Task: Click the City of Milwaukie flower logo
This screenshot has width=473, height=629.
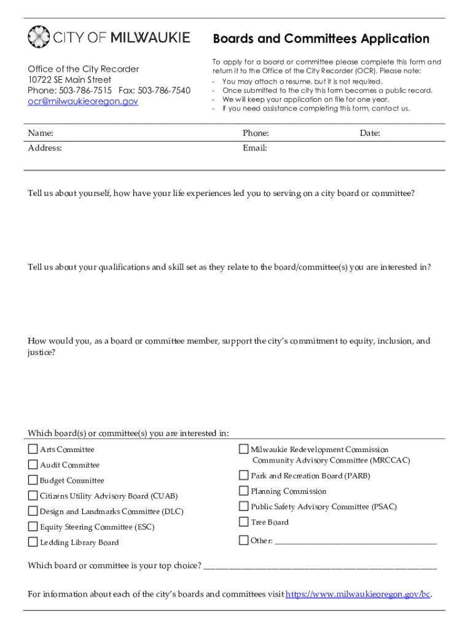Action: tap(38, 37)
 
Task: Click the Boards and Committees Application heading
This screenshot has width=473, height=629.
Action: tap(321, 39)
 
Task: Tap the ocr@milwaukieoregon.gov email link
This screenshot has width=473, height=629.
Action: tap(83, 101)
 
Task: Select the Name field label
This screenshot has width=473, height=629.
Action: tap(41, 133)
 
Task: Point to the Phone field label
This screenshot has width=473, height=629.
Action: tap(256, 133)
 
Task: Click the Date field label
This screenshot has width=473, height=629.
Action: tap(370, 133)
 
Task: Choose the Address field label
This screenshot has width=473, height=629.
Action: tap(45, 148)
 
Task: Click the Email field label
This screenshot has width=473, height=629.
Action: tap(254, 148)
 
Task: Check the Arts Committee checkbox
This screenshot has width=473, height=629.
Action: tap(33, 449)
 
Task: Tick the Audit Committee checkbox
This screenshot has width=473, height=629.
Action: tap(33, 464)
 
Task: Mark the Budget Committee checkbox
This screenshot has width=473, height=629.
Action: tap(33, 480)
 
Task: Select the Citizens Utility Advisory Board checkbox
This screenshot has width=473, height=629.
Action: tap(33, 495)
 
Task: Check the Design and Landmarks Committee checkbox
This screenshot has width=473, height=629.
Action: tap(33, 510)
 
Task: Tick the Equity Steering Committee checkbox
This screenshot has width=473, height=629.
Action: tap(33, 526)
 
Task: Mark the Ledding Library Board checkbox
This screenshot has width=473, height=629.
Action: tap(33, 542)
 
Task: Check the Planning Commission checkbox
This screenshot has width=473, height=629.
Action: tap(243, 491)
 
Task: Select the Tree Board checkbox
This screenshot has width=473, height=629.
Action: tap(243, 522)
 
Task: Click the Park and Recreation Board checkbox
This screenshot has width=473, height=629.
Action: tap(243, 475)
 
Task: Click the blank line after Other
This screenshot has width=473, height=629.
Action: tap(356, 541)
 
